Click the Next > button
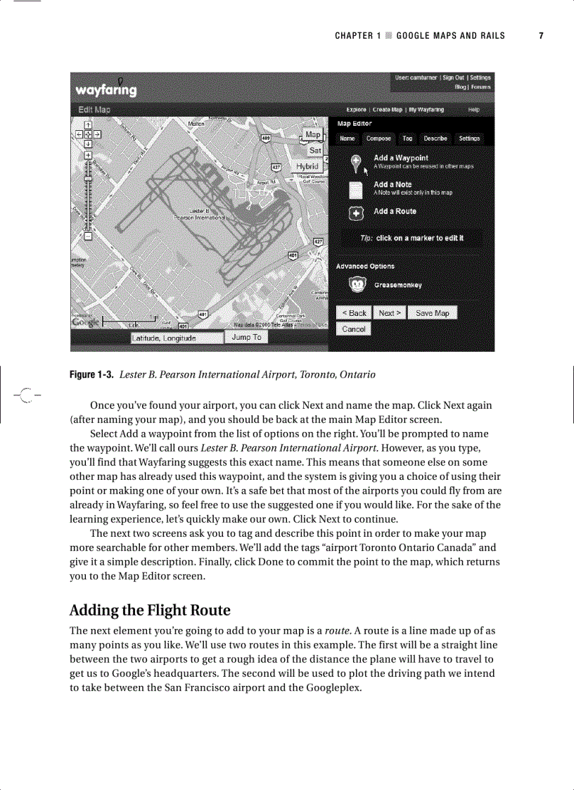390,313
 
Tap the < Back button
354,313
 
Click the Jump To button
246,338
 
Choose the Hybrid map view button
307,166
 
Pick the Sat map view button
315,151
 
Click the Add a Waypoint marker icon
357,163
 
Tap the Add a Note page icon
357,189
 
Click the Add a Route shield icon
357,213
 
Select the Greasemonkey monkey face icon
357,285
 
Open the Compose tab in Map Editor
378,139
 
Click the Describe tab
435,139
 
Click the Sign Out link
453,78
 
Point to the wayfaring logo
106,90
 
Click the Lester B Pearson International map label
199,215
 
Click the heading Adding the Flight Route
150,609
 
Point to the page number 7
541,36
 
